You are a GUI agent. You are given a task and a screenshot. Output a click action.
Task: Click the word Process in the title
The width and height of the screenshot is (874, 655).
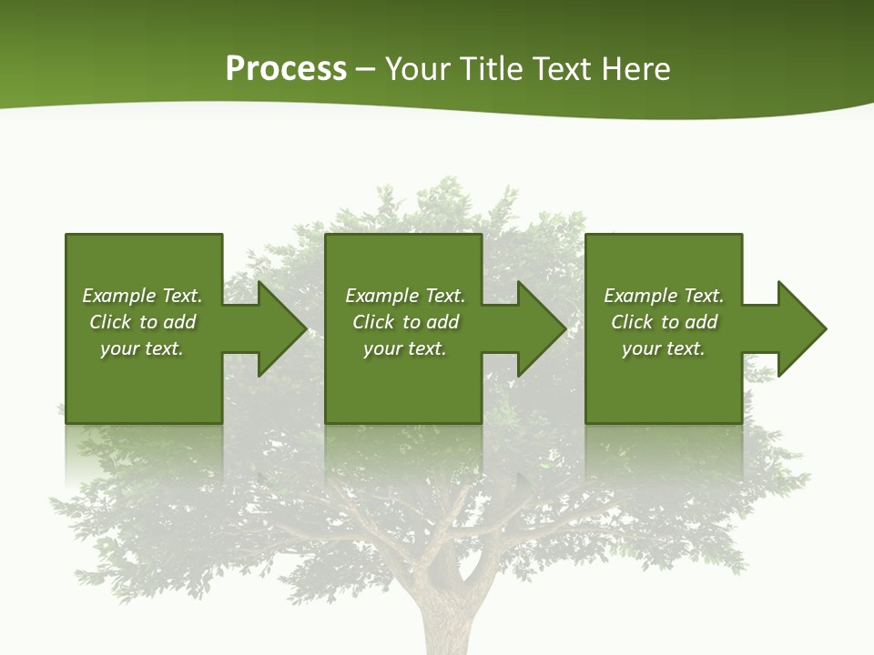(x=286, y=69)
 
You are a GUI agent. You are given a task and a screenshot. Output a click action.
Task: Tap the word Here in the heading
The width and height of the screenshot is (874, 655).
(x=636, y=69)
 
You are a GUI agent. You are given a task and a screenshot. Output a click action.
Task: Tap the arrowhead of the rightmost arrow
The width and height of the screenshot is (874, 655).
(x=805, y=328)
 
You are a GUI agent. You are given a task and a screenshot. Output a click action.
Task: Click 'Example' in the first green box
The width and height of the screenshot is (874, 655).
(x=119, y=296)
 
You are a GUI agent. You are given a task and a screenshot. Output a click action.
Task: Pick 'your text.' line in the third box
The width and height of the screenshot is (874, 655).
(x=663, y=348)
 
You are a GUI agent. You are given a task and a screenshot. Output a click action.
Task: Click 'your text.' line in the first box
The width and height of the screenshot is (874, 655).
(x=142, y=348)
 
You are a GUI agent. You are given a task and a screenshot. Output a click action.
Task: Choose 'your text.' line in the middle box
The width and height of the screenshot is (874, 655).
(x=404, y=348)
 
